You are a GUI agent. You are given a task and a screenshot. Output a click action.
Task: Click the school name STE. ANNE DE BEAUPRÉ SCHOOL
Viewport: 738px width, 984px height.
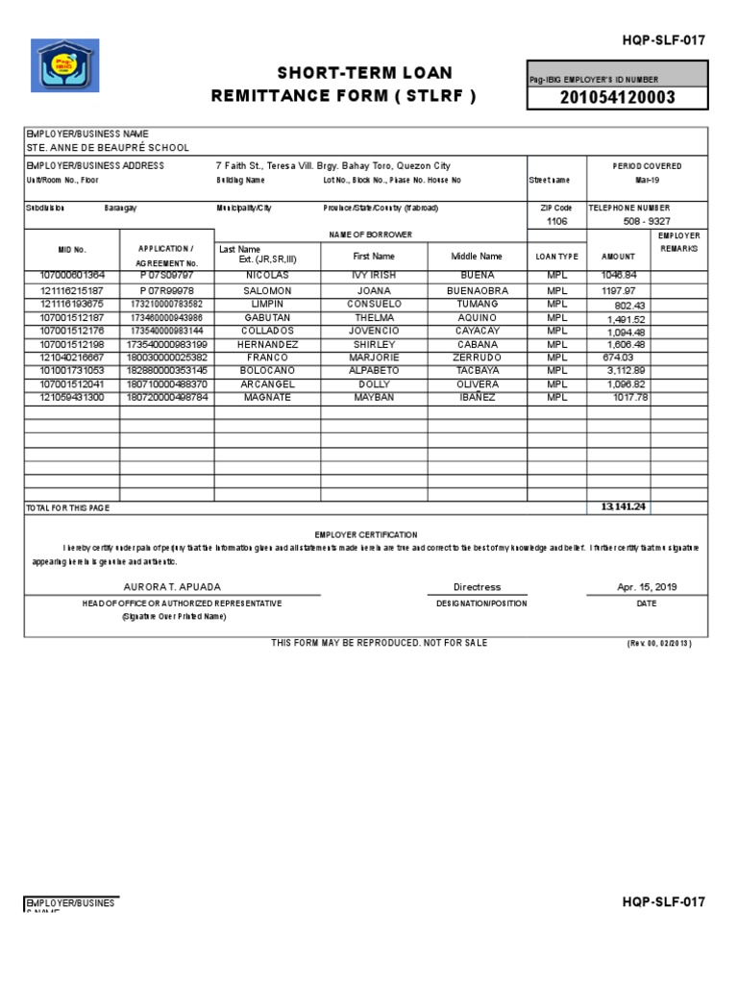(x=108, y=148)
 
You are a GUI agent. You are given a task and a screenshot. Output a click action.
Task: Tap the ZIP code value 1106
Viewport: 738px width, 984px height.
(x=557, y=221)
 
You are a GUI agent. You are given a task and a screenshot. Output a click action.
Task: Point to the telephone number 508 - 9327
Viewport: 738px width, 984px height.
(x=647, y=221)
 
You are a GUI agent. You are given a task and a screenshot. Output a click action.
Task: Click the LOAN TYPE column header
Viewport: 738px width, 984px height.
(x=557, y=257)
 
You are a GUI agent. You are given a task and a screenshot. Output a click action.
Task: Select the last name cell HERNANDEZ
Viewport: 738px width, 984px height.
(x=266, y=344)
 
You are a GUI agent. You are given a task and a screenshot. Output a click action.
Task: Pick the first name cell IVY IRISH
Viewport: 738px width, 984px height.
(x=374, y=275)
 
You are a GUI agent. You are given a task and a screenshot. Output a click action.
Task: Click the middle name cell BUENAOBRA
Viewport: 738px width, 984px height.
(x=477, y=290)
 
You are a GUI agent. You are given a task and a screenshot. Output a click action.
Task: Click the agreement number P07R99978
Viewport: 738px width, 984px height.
(x=166, y=290)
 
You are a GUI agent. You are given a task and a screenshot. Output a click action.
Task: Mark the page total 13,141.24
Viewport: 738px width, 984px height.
(x=624, y=506)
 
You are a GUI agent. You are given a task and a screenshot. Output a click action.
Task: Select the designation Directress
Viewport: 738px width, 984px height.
(x=477, y=587)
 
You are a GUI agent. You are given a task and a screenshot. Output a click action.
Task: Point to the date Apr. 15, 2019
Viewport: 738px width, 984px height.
(x=647, y=587)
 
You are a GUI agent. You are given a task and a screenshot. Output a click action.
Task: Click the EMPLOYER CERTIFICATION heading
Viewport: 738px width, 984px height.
(x=366, y=534)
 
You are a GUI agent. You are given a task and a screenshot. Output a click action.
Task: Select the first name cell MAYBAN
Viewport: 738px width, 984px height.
(x=374, y=398)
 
